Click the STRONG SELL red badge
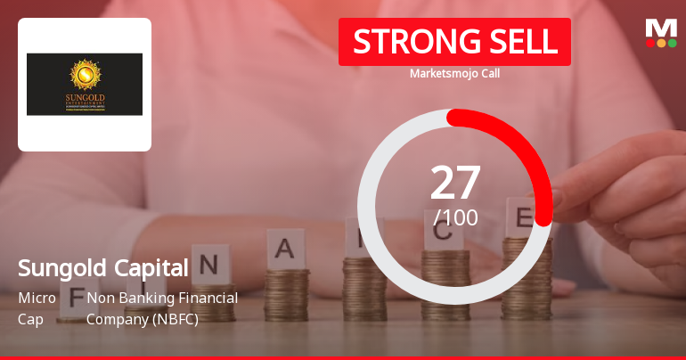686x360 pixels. [454, 42]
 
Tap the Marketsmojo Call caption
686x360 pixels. [454, 74]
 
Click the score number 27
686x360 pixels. [455, 183]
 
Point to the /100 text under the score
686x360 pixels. [455, 217]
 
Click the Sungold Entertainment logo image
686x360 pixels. [85, 84]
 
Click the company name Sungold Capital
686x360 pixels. [103, 268]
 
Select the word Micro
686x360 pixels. [37, 298]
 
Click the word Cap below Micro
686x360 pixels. [29, 318]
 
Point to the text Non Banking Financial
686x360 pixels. [162, 298]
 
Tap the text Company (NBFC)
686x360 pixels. [142, 318]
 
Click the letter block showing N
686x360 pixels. [209, 266]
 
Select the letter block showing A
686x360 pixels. [286, 248]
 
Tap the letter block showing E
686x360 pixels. [522, 217]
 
